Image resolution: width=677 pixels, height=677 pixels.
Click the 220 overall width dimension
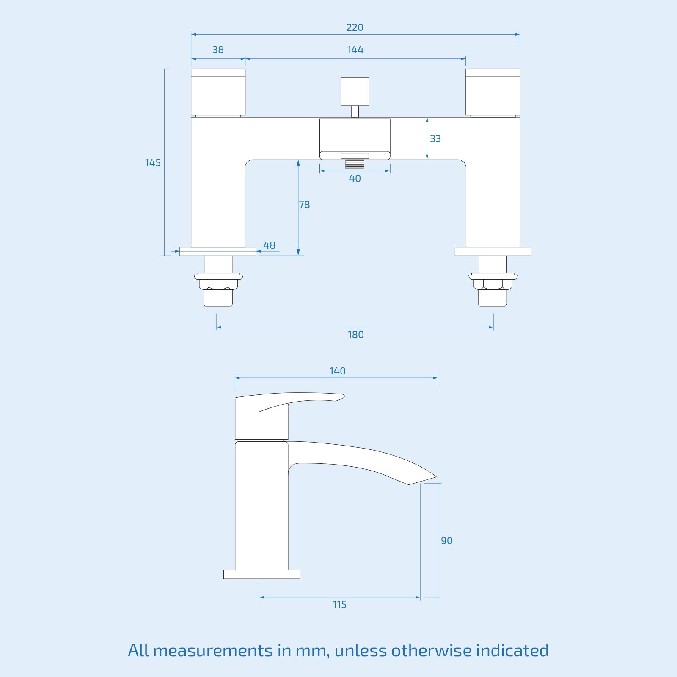coord(355,28)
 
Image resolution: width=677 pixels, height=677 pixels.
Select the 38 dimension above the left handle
coord(218,50)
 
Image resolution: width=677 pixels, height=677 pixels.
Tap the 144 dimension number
coord(355,50)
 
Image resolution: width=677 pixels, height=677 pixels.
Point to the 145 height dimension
coord(153,163)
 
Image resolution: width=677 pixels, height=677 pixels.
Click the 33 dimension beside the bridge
coord(435,139)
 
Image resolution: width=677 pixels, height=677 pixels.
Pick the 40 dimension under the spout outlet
coord(355,179)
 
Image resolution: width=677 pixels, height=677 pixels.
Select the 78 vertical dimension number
coord(305,205)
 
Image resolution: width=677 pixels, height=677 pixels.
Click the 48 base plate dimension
coord(269,245)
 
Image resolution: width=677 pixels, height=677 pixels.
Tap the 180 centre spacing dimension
coord(355,335)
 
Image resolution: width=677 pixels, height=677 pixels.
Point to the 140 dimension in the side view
coord(337,371)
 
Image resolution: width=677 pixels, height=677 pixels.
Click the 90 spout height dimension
coord(446,541)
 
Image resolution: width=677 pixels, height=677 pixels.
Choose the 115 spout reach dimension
coord(339,605)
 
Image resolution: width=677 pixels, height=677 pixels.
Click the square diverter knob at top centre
coord(355,91)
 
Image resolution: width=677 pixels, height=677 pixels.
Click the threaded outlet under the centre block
coord(355,164)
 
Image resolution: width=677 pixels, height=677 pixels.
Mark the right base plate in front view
coord(493,251)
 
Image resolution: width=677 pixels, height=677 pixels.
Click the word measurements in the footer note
coord(212,651)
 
